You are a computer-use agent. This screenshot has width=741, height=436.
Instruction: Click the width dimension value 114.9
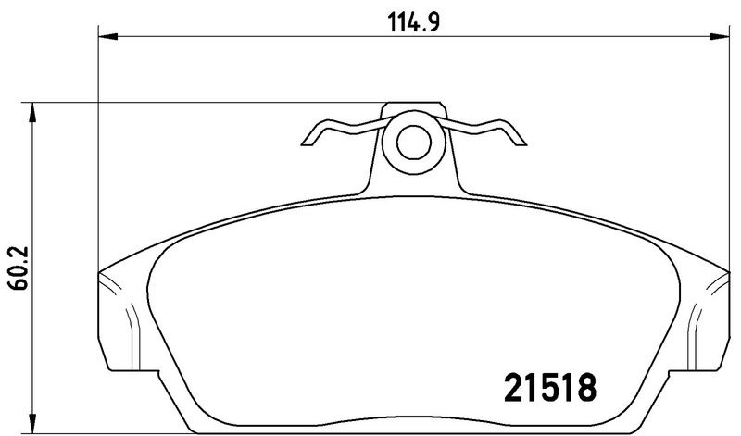pyautogui.click(x=413, y=21)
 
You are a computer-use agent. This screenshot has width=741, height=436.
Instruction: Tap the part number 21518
pyautogui.click(x=550, y=387)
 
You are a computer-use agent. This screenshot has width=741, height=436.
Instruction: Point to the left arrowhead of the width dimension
pyautogui.click(x=107, y=36)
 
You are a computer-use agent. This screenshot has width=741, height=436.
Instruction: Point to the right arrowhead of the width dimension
pyautogui.click(x=719, y=36)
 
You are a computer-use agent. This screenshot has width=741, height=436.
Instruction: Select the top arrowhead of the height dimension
pyautogui.click(x=31, y=112)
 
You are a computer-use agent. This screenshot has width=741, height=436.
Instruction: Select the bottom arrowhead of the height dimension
pyautogui.click(x=31, y=422)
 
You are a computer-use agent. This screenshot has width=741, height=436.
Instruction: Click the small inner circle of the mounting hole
pyautogui.click(x=413, y=143)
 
